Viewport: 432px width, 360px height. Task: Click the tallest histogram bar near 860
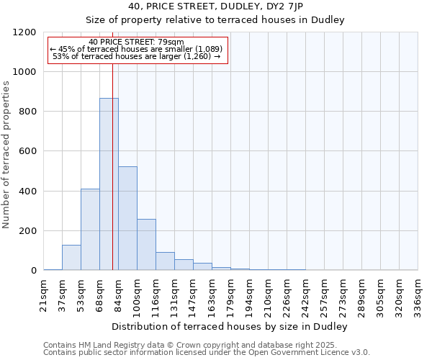(x=109, y=184)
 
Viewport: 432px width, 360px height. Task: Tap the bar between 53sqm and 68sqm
(x=90, y=230)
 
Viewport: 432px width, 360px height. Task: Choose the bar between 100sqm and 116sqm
(x=146, y=245)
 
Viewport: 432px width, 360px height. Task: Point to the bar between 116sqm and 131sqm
(x=165, y=261)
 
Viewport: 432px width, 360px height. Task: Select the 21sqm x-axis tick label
(x=43, y=294)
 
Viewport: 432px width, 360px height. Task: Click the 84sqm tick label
(x=118, y=294)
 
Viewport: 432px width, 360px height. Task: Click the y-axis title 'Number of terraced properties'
(x=6, y=155)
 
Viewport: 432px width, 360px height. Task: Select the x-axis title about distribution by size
(x=231, y=327)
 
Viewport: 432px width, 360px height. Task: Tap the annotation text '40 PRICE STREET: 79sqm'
(x=137, y=42)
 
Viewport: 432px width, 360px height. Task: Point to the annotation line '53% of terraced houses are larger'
(x=137, y=56)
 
